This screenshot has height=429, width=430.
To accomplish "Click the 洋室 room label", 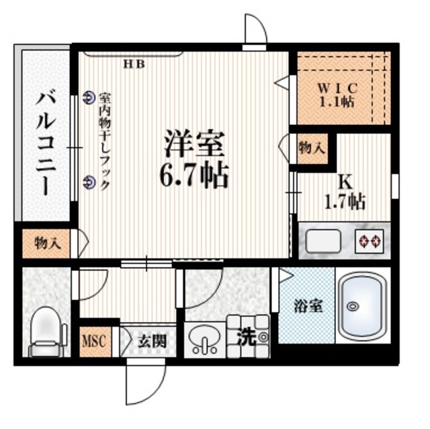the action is pyautogui.click(x=194, y=143).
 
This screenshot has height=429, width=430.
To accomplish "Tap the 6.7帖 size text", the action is pyautogui.click(x=194, y=175).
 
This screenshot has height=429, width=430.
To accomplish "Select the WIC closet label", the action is pyautogui.click(x=337, y=88).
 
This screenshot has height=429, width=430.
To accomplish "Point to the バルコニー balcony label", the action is pyautogui.click(x=46, y=144).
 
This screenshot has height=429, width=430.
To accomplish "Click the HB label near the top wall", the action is pyautogui.click(x=134, y=65).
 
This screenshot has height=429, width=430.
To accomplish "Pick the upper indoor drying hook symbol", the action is pyautogui.click(x=88, y=97).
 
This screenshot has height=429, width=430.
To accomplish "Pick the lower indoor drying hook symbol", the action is pyautogui.click(x=88, y=182).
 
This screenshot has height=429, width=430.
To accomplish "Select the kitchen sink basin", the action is pyautogui.click(x=323, y=241).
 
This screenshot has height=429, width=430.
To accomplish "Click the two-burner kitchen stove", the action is pyautogui.click(x=369, y=241).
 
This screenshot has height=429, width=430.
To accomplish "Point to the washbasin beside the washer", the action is pyautogui.click(x=204, y=340).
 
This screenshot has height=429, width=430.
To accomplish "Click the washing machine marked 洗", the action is pyautogui.click(x=249, y=336).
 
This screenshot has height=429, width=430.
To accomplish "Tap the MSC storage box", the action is pyautogui.click(x=95, y=342).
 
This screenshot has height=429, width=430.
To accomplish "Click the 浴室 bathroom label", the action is pyautogui.click(x=308, y=306).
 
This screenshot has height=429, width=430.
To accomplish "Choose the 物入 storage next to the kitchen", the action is pyautogui.click(x=312, y=149).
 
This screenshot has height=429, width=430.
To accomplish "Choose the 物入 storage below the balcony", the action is pyautogui.click(x=46, y=243).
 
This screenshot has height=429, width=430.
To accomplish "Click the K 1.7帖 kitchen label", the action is pyautogui.click(x=345, y=193).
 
